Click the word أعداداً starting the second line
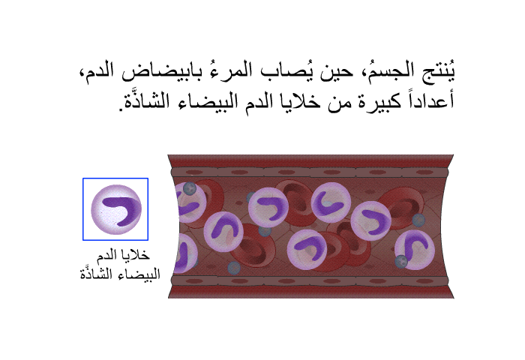click(x=430, y=100)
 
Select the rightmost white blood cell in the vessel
click(x=415, y=250)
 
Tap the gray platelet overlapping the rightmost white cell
click(x=401, y=261)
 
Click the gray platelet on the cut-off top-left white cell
click(x=190, y=188)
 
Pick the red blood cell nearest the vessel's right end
click(x=402, y=208)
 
